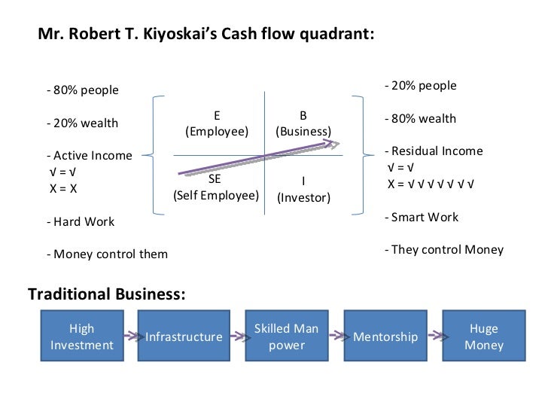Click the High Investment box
pos(81,336)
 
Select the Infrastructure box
pos(184,336)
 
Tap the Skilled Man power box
pos(286,336)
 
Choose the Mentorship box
pos(385,336)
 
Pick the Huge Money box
pos(483,336)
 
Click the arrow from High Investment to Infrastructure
pos(132,336)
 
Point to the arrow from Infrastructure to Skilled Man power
pos(235,336)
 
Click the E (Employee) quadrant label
pos(217,123)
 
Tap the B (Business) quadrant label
pos(303,123)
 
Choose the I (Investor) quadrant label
pos(303,190)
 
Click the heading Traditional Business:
pos(106,294)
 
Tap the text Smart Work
pos(423,218)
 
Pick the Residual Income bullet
pos(436,151)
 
